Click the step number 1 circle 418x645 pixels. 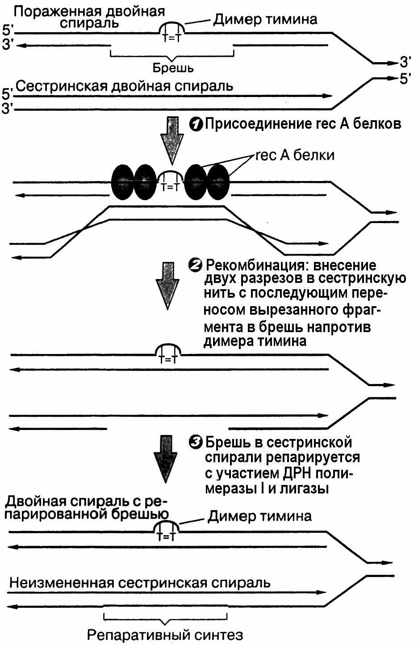pyautogui.click(x=196, y=124)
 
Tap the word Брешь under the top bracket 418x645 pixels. pyautogui.click(x=173, y=68)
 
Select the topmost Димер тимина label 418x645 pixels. pyautogui.click(x=265, y=19)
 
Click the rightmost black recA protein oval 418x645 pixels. pyautogui.click(x=218, y=182)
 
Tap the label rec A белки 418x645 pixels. pyautogui.click(x=295, y=155)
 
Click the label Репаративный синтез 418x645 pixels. pyautogui.click(x=165, y=635)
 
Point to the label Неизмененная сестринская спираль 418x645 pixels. pyautogui.click(x=140, y=582)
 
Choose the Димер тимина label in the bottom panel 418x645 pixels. pyautogui.click(x=259, y=516)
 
